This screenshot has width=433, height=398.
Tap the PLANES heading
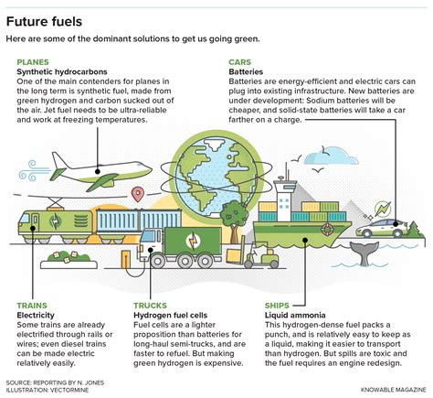(36, 62)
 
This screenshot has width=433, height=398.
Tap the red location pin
(138, 194)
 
